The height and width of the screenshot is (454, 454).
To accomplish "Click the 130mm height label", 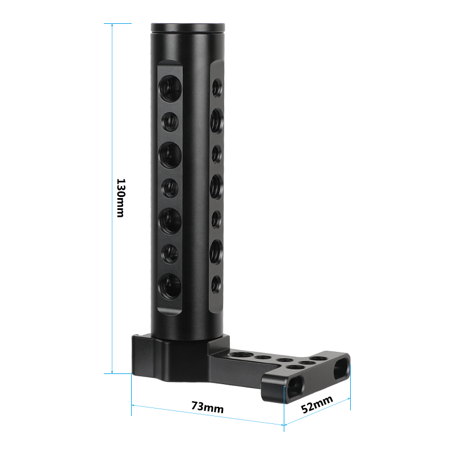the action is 121,197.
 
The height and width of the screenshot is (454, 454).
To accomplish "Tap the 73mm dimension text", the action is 207,407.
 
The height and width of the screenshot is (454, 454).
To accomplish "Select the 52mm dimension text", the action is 317,404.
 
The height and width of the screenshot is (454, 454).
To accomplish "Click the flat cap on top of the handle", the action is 188,27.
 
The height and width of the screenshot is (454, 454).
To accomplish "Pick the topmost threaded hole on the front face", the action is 171,89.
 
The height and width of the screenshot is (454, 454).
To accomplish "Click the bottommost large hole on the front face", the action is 170,287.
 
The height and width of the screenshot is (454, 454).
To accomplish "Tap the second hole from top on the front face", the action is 170,122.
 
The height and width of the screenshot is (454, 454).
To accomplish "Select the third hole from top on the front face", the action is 170,155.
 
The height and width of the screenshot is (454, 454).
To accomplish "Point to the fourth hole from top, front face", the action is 170,188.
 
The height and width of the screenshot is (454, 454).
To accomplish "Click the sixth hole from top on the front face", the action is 170,254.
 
